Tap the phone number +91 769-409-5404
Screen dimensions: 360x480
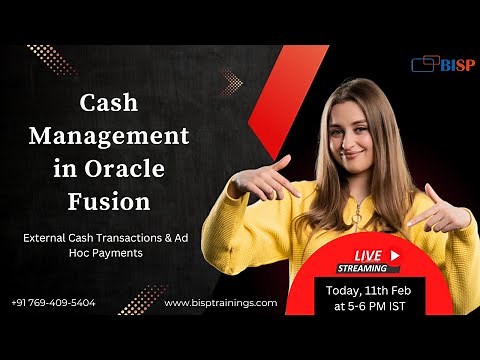[x=54, y=302]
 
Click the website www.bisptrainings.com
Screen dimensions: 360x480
[x=220, y=302]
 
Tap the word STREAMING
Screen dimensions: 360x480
[x=360, y=268]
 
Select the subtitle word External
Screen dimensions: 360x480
[x=49, y=238]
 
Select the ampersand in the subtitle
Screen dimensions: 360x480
[x=170, y=238]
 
